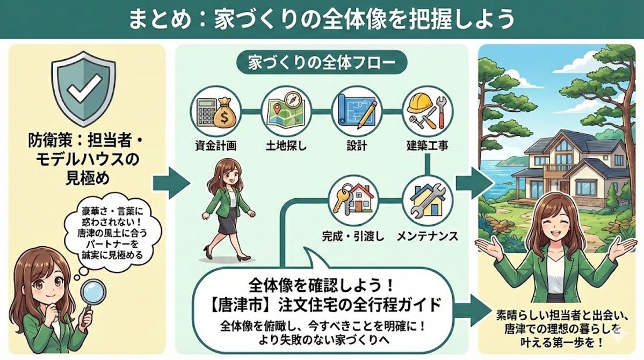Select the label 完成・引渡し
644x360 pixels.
[x=352, y=235]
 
